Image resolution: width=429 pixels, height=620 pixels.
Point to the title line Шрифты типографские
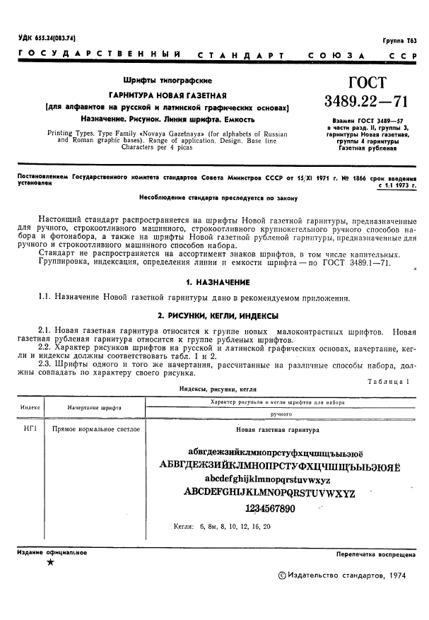point(168,81)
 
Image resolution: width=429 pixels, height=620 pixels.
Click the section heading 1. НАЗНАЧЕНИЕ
point(214,281)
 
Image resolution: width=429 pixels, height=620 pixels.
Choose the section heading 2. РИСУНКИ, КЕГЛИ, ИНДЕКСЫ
point(214,315)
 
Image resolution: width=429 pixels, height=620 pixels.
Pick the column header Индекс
point(30,408)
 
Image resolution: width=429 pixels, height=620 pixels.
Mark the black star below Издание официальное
point(49,563)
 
